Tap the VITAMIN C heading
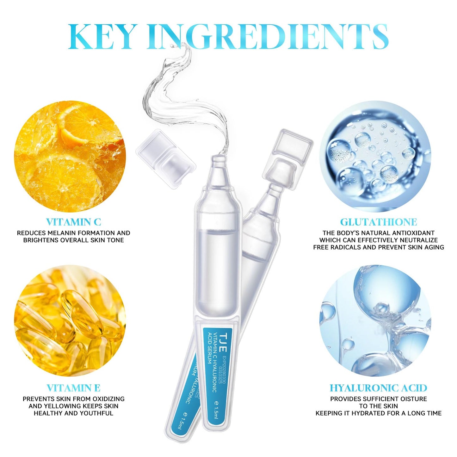(73, 222)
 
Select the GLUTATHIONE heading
(378, 222)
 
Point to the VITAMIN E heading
(73, 388)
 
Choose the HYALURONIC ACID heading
(378, 388)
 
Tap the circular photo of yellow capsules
(70, 321)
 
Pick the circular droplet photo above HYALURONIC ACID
(375, 321)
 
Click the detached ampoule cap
(165, 159)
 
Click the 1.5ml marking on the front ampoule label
(217, 410)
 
